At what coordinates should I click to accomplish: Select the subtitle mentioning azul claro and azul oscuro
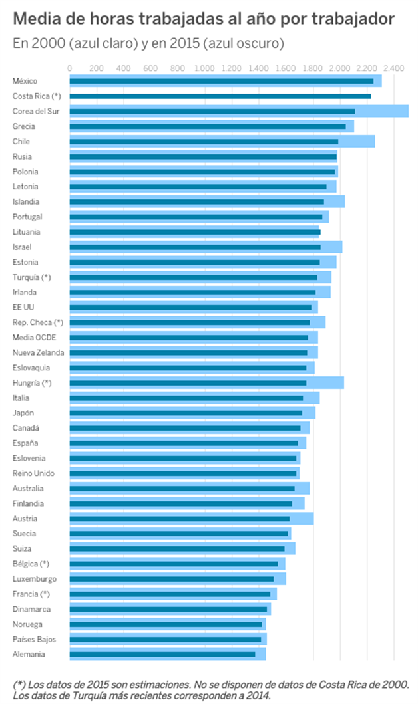(148, 43)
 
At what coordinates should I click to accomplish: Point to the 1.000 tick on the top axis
(204, 68)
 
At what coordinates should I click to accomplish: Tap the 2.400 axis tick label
(394, 68)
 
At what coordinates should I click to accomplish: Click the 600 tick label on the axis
(150, 68)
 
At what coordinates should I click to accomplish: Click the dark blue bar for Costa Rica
(220, 96)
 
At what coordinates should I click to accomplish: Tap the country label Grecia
(24, 126)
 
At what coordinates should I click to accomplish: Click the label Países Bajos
(34, 640)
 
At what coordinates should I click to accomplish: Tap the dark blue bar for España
(184, 443)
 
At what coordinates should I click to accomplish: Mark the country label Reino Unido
(33, 473)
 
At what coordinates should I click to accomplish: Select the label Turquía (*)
(31, 277)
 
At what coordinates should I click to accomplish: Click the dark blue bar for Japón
(186, 413)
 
